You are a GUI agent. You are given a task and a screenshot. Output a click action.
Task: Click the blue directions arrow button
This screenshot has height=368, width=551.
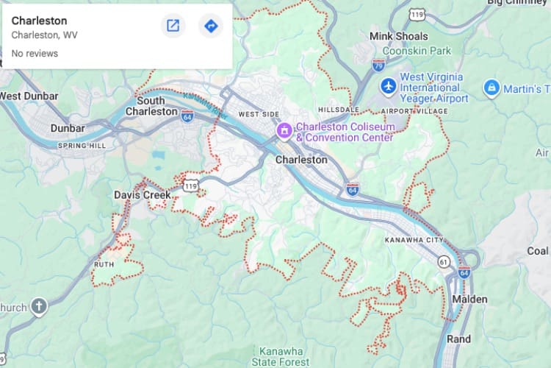(x=211, y=26)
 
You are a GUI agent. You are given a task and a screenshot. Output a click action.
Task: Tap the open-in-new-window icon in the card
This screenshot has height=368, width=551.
(x=173, y=26)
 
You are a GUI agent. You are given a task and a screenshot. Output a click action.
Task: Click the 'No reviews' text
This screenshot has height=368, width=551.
(x=35, y=54)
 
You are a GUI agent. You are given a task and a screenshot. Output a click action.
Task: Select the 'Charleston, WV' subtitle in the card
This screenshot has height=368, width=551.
(x=44, y=35)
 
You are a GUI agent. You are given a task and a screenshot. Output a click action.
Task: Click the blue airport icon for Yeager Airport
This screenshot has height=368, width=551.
(x=388, y=87)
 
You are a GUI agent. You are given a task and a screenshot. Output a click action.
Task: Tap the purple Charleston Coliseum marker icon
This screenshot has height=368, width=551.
(x=284, y=131)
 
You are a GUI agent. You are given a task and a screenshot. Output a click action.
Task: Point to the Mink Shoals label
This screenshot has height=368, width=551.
(x=398, y=35)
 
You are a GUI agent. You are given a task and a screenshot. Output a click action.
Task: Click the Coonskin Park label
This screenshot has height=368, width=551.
(x=421, y=51)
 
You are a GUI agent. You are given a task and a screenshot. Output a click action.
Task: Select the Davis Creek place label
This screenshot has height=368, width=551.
(x=142, y=195)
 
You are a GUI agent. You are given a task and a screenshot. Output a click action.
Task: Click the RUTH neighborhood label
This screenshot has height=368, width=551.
(x=104, y=263)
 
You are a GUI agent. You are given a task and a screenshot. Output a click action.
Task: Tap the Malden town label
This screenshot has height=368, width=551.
(x=469, y=300)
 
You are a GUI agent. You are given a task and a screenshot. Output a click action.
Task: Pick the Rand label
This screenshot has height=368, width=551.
(x=459, y=339)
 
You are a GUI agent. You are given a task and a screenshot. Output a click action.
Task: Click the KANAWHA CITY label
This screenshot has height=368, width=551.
(x=414, y=241)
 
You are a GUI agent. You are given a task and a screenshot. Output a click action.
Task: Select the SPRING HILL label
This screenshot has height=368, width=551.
(x=82, y=146)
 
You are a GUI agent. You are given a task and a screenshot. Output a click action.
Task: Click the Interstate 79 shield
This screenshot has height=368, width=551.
(x=378, y=64)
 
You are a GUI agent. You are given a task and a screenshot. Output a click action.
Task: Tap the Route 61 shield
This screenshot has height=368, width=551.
(x=443, y=261)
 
